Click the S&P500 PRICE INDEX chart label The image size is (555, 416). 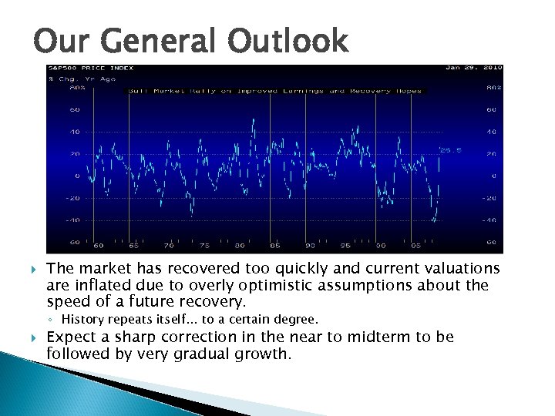coord(81,69)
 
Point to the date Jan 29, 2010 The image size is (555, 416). coord(473,68)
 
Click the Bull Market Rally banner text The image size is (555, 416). coord(275,91)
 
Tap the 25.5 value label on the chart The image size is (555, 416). coord(449,150)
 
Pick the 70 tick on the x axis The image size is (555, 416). coord(169,246)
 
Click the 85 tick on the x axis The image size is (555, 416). coord(275,246)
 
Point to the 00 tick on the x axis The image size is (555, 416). coord(381,246)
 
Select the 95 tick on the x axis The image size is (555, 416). coord(346,246)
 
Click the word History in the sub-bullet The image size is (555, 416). coord(79,320)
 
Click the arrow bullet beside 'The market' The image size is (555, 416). coord(33,270)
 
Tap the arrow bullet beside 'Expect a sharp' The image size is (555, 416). coord(33,337)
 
